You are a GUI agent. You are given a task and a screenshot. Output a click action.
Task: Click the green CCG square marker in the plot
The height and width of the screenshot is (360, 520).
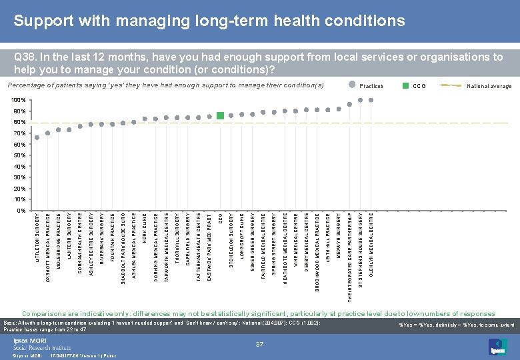point(221,115)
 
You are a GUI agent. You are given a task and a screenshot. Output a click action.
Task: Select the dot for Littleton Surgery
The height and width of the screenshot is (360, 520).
point(37,138)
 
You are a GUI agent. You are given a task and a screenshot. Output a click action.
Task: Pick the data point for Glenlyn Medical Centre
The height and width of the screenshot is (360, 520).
point(371,100)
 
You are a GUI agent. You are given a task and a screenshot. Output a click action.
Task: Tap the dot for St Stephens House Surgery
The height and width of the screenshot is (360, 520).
point(361,101)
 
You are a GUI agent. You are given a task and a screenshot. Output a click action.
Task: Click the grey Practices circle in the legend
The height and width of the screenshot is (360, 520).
point(352,85)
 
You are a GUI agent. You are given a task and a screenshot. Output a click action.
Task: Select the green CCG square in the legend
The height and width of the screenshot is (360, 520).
point(405,85)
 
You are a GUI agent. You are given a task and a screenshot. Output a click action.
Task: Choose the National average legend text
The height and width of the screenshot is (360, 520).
point(489,86)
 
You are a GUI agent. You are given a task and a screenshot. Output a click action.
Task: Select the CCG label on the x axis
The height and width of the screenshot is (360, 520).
point(221,218)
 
